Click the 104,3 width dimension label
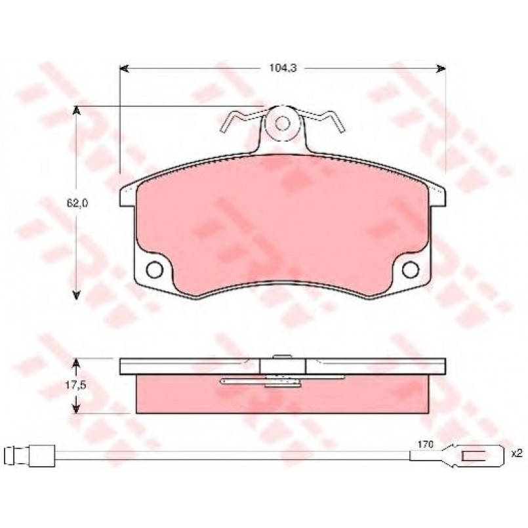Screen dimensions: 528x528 pyautogui.click(x=283, y=68)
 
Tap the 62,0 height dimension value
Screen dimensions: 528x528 pyautogui.click(x=77, y=203)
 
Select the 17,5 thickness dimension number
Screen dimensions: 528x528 pyautogui.click(x=76, y=386)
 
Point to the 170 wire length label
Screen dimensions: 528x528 pyautogui.click(x=425, y=445)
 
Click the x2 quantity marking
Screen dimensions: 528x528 pyautogui.click(x=516, y=453)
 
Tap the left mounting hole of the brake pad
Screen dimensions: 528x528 pyautogui.click(x=155, y=270)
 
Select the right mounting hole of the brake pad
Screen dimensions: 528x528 pyautogui.click(x=411, y=270)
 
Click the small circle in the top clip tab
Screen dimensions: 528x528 pyautogui.click(x=282, y=123)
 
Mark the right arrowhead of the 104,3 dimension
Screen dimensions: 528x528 pyautogui.click(x=441, y=69)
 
